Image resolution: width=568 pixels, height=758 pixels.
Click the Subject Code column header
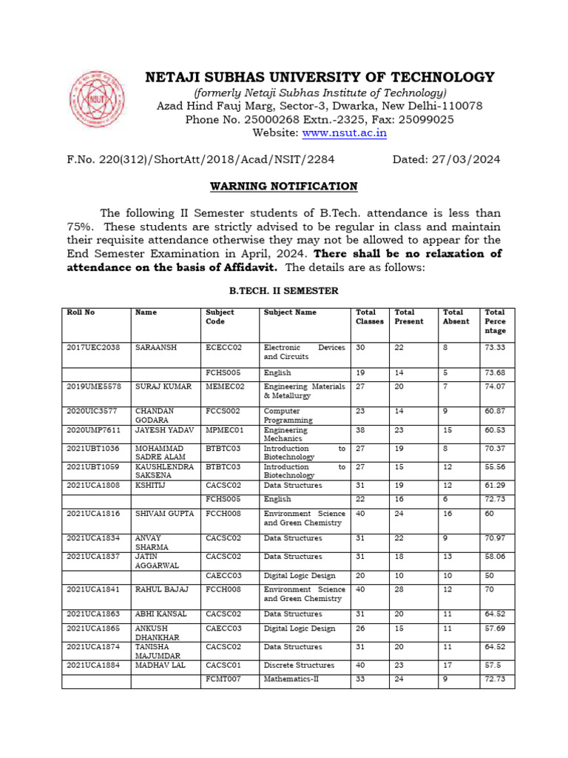point(220,317)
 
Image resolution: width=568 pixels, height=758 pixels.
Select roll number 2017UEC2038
point(91,347)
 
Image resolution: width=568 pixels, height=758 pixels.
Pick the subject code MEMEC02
point(224,386)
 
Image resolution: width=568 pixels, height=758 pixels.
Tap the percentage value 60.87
point(495,410)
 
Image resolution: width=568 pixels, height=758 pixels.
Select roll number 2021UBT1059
point(91,467)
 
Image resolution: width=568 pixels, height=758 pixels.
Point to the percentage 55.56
point(495,467)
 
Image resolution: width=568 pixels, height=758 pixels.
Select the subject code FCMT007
point(223,679)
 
